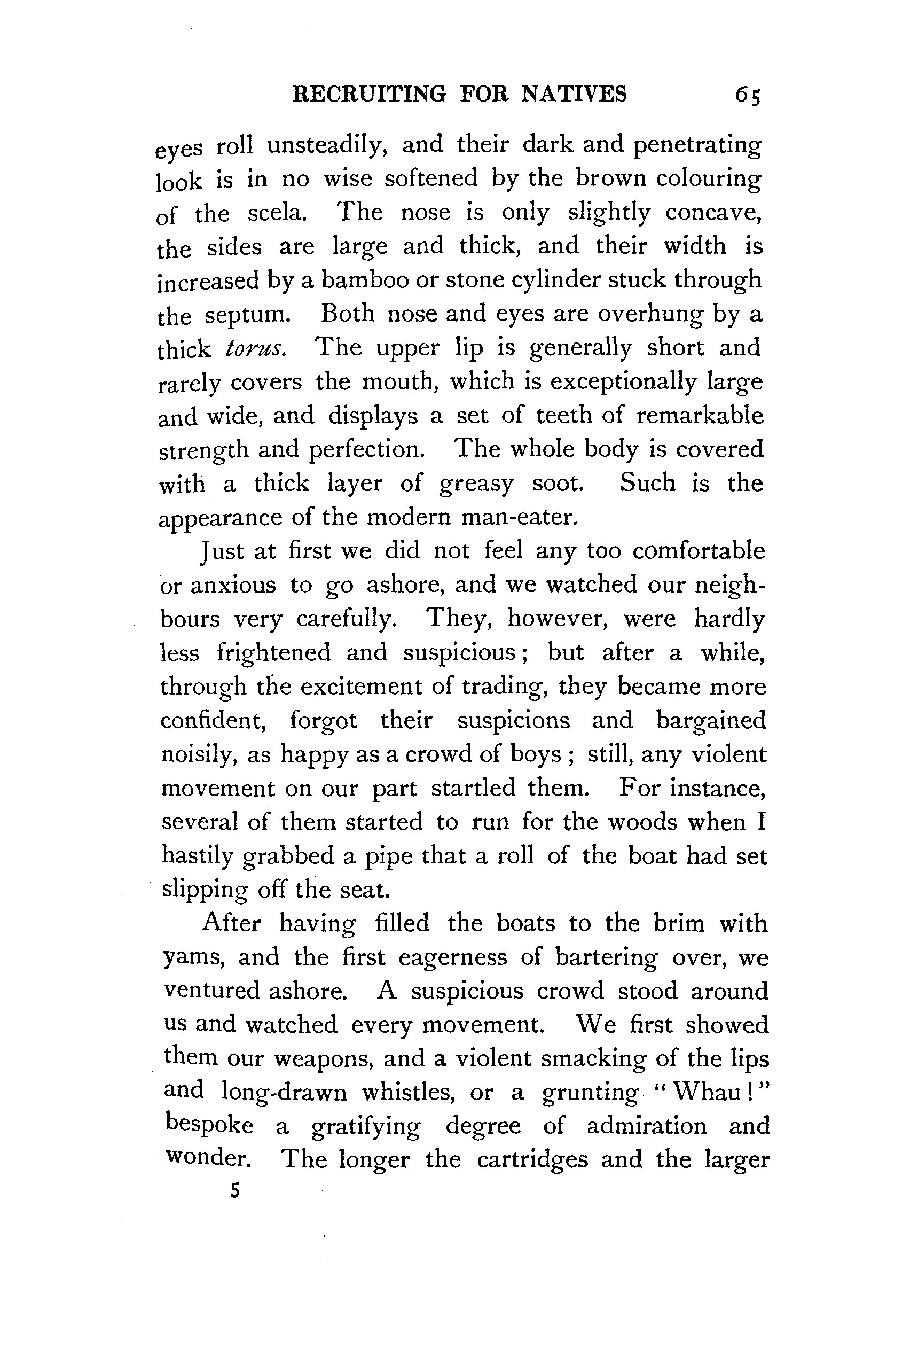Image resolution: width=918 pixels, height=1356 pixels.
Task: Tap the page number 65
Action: point(748,95)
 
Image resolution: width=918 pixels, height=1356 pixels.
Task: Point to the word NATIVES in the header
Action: point(574,94)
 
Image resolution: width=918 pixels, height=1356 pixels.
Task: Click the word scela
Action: point(277,213)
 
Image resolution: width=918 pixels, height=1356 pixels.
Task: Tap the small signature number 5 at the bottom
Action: point(234,1191)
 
